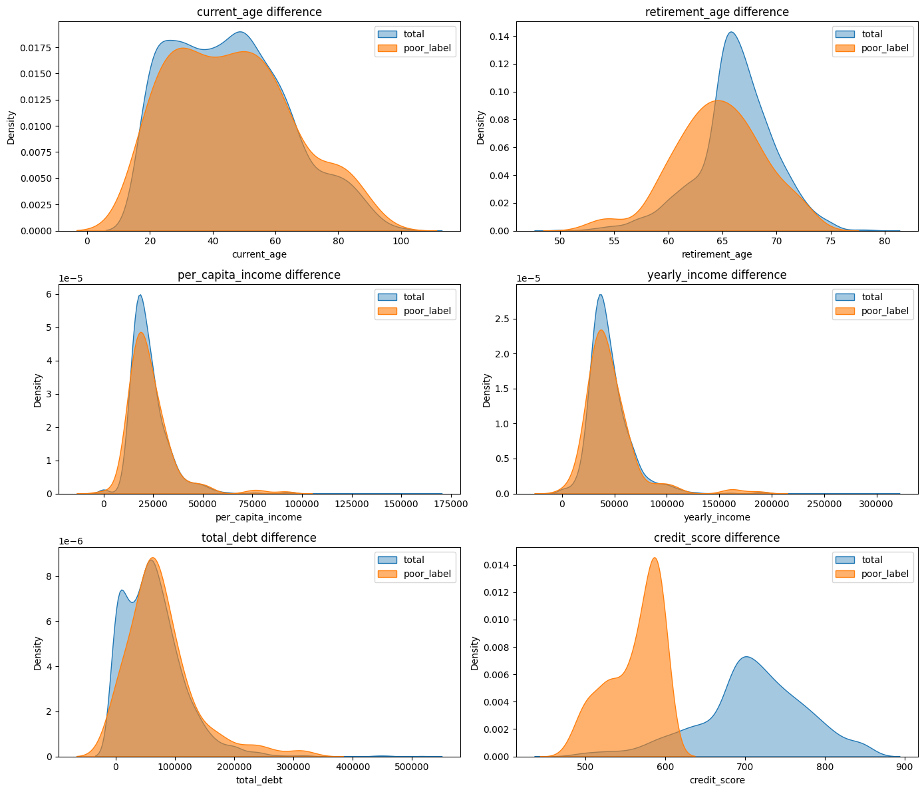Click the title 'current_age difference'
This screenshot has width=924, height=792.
[259, 12]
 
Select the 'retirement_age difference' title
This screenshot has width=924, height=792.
[717, 12]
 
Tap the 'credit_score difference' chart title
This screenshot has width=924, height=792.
[717, 538]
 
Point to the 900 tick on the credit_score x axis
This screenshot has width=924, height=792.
[905, 766]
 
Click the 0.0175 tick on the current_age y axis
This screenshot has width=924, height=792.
[39, 48]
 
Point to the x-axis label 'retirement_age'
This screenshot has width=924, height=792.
[717, 254]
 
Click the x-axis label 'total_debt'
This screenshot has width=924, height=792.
[259, 780]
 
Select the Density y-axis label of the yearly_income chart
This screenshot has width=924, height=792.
[486, 390]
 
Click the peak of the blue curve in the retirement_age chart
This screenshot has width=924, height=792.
[731, 32]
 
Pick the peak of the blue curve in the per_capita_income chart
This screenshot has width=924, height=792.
[140, 295]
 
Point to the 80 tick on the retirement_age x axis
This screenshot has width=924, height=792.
[885, 241]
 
